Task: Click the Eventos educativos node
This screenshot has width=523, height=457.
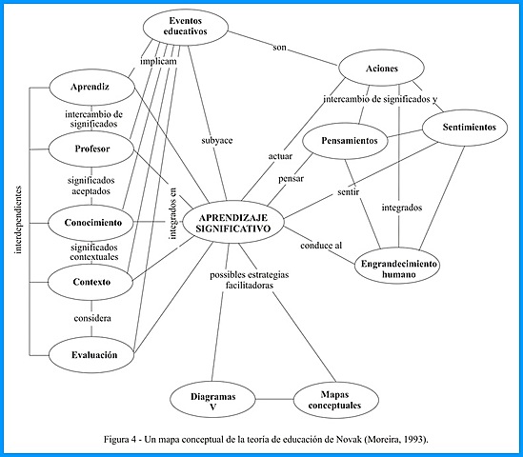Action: (x=188, y=27)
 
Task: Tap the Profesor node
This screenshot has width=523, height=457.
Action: (x=92, y=149)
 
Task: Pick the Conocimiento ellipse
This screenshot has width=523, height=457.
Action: (x=92, y=222)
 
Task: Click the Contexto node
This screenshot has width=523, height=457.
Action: (x=92, y=282)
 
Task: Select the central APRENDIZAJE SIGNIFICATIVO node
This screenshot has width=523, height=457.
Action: (x=232, y=222)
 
